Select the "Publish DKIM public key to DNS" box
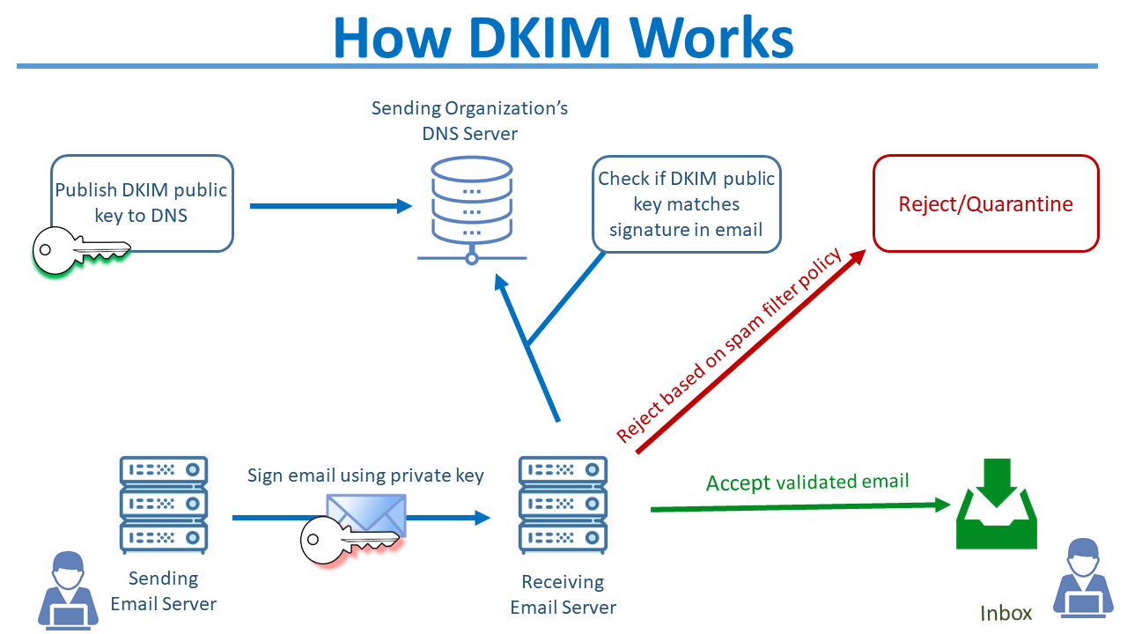point(142,203)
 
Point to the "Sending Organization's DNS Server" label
point(469,121)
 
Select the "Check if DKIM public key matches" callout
point(686,204)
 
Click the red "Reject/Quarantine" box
point(985,204)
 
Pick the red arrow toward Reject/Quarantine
point(748,352)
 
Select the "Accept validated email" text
point(807,482)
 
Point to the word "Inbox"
point(1005,613)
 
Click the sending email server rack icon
point(163,504)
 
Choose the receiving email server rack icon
point(563,504)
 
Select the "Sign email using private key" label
point(365,475)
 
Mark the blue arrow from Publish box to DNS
point(331,206)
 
